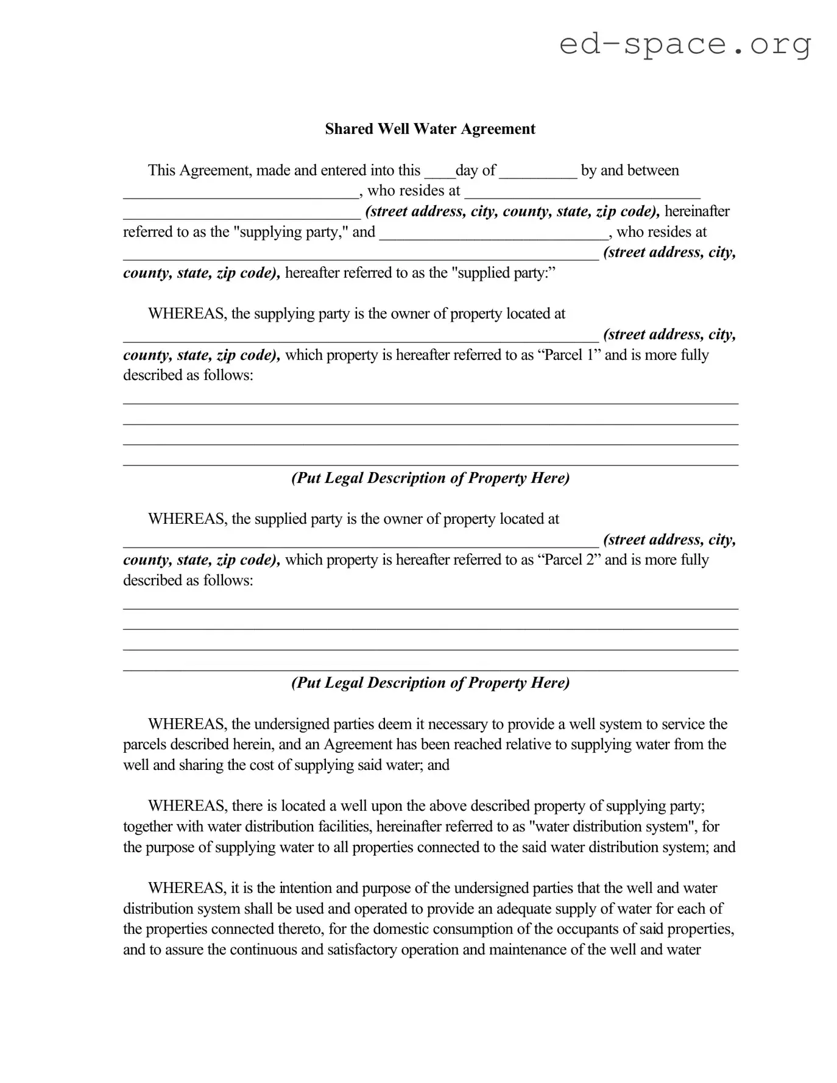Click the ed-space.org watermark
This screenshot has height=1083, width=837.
tap(685, 44)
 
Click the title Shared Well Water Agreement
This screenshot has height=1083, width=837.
tap(429, 129)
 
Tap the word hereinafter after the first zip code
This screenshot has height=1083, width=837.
tap(697, 211)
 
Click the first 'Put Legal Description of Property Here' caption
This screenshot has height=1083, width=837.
tap(430, 478)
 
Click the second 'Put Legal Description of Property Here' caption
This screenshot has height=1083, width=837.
tap(430, 683)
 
